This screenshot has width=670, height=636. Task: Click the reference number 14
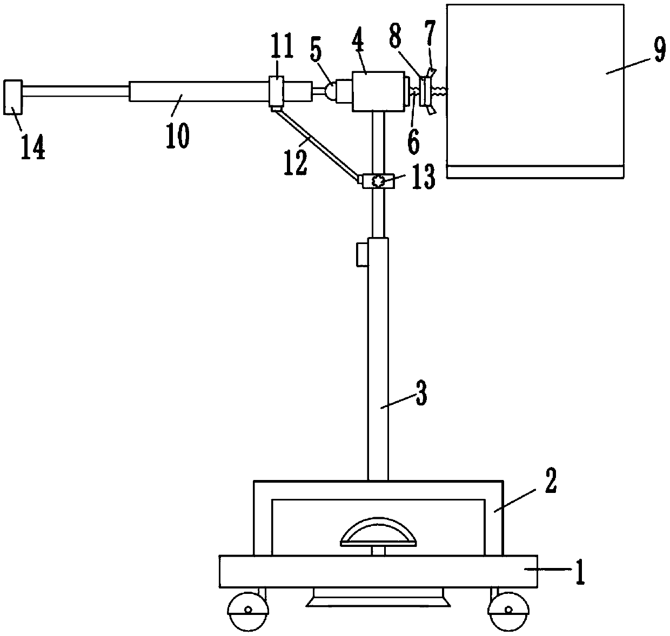tap(32, 145)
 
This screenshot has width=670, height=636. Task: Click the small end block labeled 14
tap(13, 97)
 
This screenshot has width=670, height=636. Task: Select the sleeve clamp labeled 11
tap(276, 91)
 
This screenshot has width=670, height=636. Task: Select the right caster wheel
tap(508, 610)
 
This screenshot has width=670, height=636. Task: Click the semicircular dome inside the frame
tap(378, 532)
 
